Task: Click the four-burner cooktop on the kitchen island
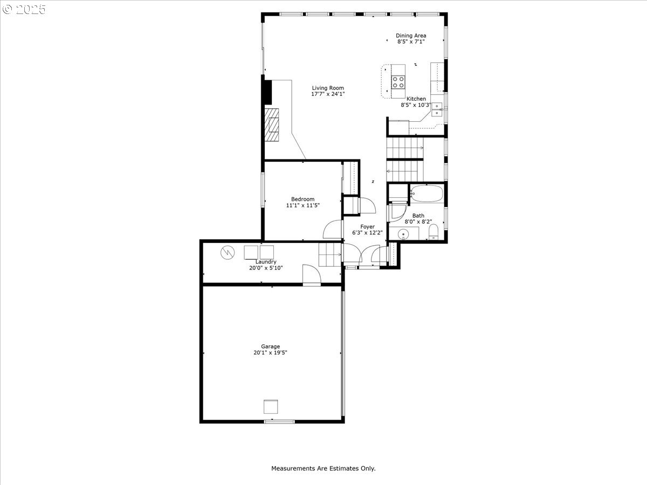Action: pyautogui.click(x=398, y=82)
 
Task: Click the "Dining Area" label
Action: pyautogui.click(x=411, y=36)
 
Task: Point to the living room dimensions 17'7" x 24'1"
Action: pyautogui.click(x=328, y=94)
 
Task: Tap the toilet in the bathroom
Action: pyautogui.click(x=433, y=233)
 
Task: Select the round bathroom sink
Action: pyautogui.click(x=402, y=234)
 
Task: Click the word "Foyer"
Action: pyautogui.click(x=367, y=227)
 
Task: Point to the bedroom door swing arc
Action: pyautogui.click(x=332, y=230)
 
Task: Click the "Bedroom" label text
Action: pyautogui.click(x=302, y=199)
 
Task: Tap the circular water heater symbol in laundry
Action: pyautogui.click(x=228, y=252)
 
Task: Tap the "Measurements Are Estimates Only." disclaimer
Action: pyautogui.click(x=323, y=468)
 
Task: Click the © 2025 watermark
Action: pyautogui.click(x=24, y=10)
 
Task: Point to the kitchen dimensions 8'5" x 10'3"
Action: pyautogui.click(x=415, y=105)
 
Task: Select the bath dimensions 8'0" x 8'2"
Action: pyautogui.click(x=418, y=221)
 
